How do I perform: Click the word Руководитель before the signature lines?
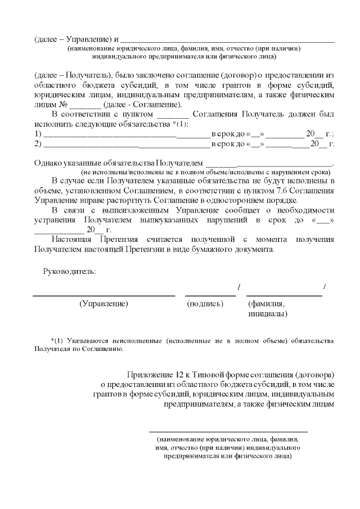(69, 272)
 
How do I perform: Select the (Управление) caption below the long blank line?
(104, 304)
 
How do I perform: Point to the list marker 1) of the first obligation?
(38, 134)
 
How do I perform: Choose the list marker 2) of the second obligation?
(38, 144)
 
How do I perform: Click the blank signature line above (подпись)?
(210, 295)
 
